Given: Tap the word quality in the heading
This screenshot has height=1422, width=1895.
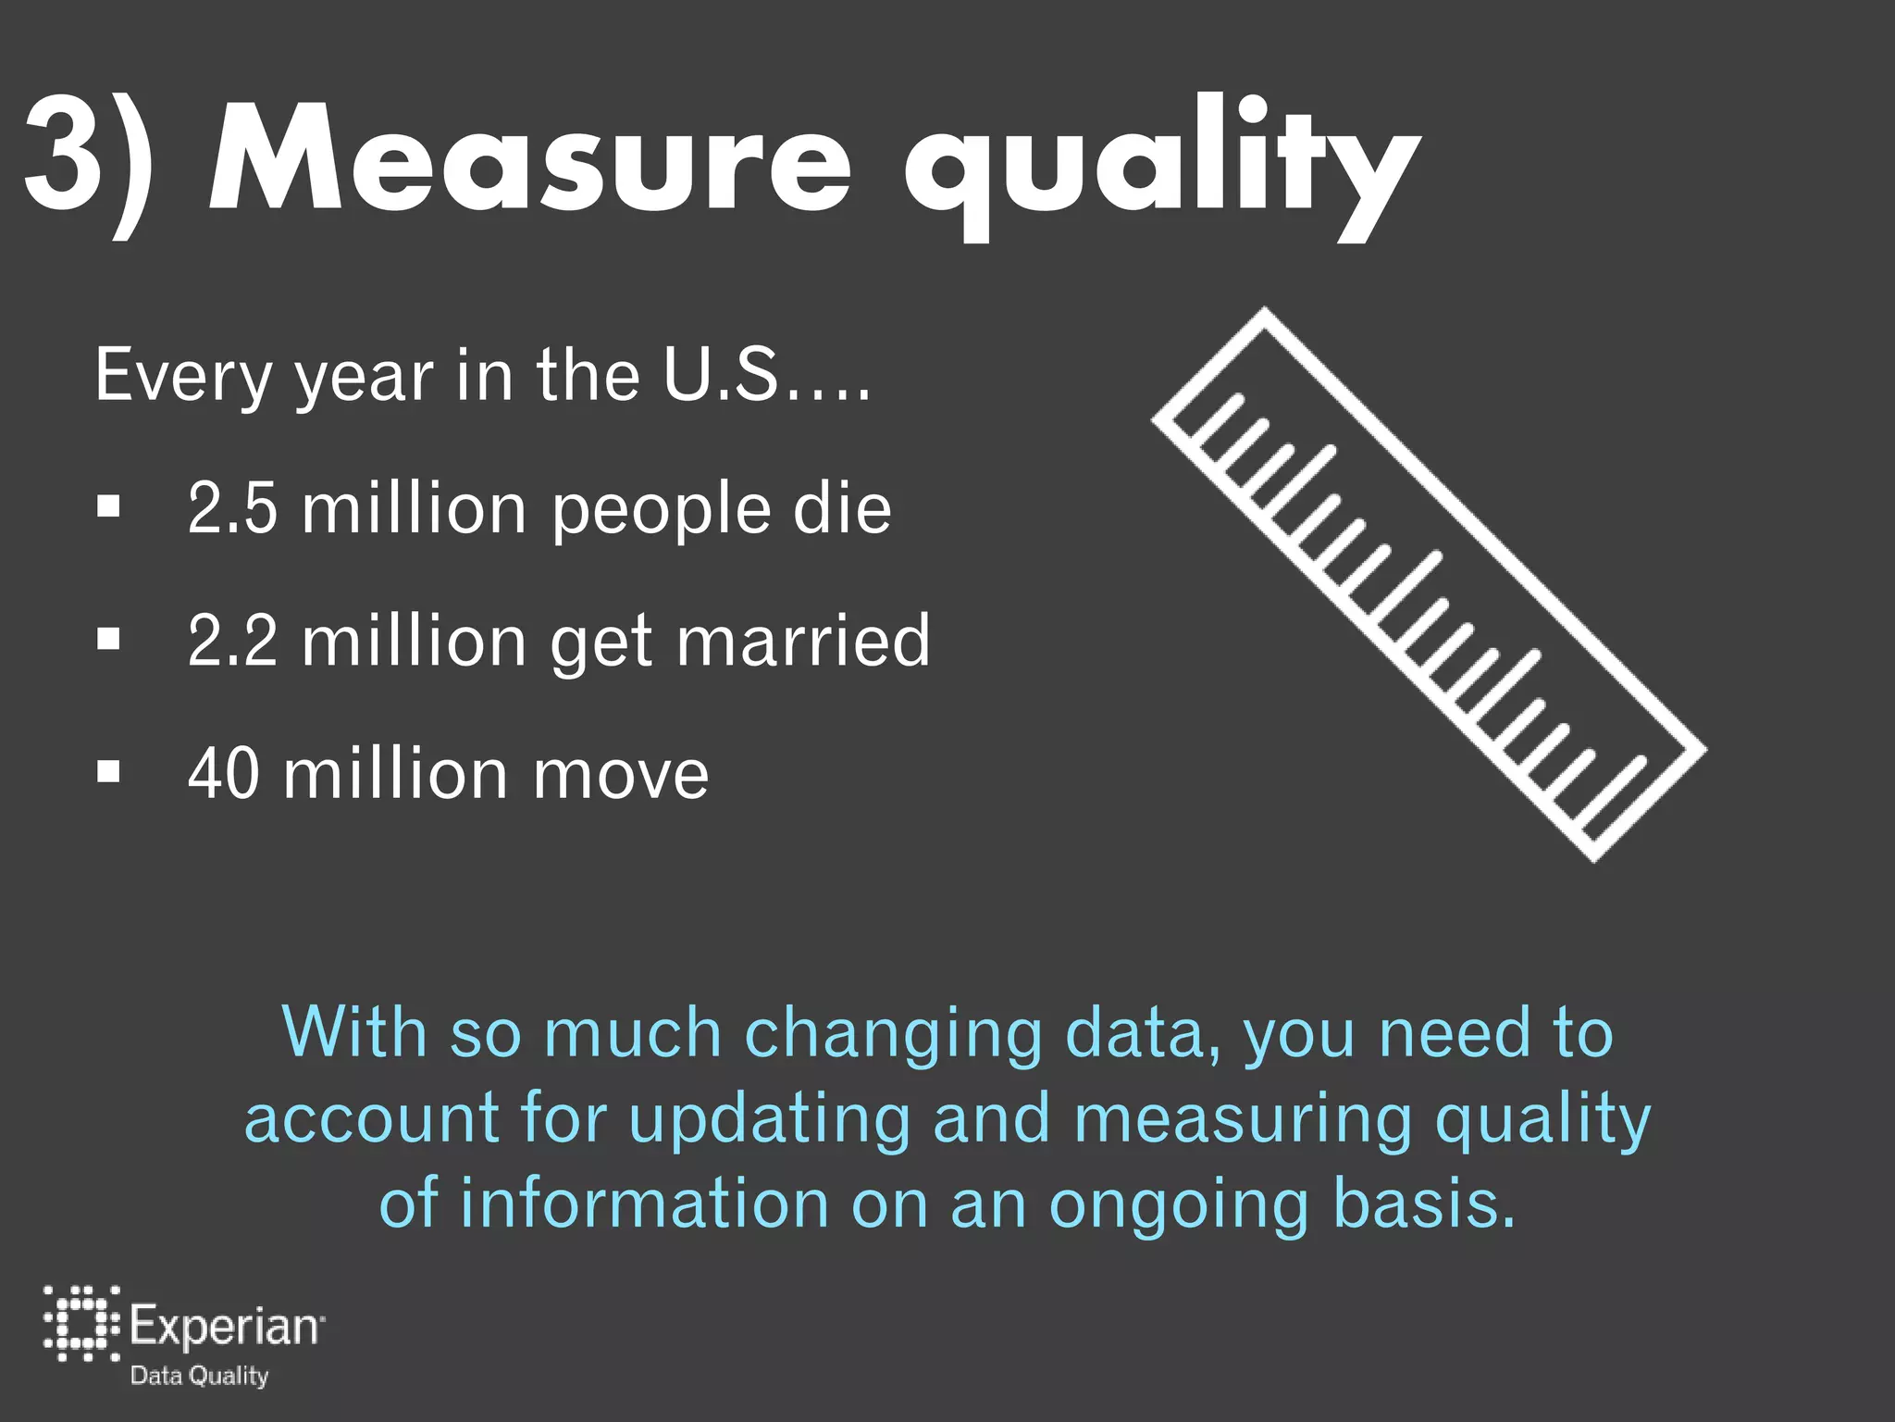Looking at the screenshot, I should (1161, 167).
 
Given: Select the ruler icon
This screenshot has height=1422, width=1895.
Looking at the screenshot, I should (1429, 584).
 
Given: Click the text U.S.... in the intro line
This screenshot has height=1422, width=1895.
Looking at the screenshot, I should (767, 375).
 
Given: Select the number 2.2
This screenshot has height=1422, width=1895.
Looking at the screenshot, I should (232, 640).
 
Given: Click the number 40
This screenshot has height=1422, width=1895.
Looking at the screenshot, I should (223, 773).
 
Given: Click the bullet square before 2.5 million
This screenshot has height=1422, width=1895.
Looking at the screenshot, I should (108, 506).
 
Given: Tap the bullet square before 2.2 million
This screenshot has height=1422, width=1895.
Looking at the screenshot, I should (108, 639).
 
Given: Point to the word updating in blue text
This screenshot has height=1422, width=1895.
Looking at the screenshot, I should (769, 1117).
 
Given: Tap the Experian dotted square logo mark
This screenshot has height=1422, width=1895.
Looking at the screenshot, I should (81, 1324).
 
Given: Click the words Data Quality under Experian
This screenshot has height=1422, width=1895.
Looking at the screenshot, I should (199, 1376).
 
